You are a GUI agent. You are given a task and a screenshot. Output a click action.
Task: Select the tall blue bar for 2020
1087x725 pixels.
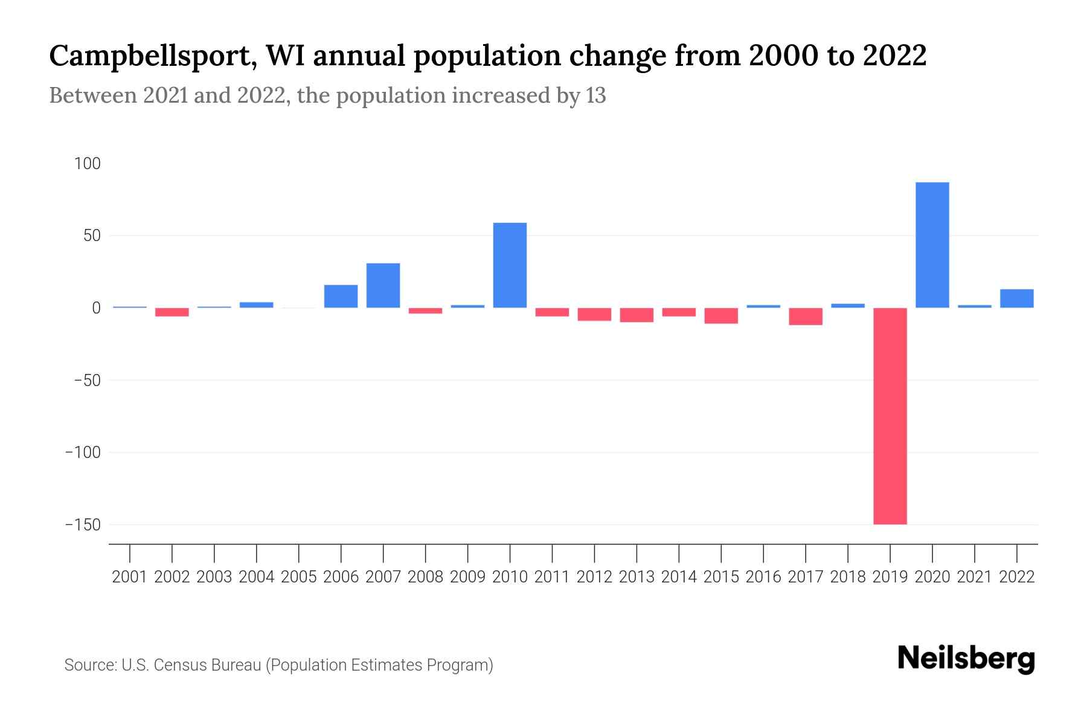[932, 245]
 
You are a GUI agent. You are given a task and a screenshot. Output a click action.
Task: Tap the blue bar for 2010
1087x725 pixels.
[510, 265]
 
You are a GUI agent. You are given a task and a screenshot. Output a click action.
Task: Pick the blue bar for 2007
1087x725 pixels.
[383, 285]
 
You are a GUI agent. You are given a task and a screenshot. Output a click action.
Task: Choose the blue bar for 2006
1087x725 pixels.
[341, 296]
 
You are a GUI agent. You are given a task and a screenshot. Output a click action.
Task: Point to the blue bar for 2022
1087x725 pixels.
[1016, 298]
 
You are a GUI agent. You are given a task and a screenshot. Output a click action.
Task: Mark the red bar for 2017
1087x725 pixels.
[806, 316]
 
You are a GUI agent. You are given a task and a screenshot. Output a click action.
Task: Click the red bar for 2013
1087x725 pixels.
[636, 315]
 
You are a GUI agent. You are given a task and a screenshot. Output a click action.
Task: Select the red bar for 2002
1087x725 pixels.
[172, 312]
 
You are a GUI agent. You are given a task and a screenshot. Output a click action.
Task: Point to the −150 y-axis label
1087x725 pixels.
[83, 524]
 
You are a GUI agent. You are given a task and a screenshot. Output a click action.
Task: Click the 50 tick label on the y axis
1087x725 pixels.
[92, 236]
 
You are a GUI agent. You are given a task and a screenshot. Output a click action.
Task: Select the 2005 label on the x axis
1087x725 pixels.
[299, 577]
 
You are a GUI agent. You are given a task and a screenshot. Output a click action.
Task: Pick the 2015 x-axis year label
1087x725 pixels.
[721, 577]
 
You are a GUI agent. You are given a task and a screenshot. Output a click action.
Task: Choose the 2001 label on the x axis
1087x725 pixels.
[130, 577]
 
